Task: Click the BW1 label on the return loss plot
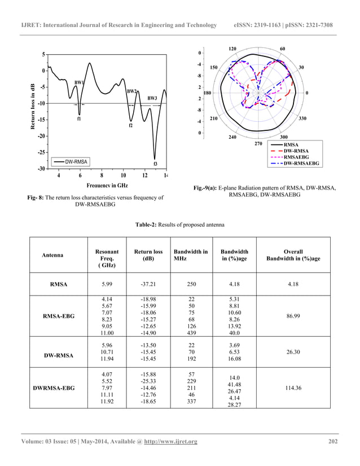tap(79, 82)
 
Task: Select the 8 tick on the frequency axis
tap(102, 175)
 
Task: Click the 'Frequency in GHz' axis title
tap(107, 185)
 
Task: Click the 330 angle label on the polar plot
tap(303, 119)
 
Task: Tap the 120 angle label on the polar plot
tap(232, 49)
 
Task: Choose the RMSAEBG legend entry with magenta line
tap(297, 157)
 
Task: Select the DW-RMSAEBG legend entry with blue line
tap(301, 163)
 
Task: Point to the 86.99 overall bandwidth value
tap(293, 318)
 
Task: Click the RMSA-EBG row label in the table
tap(67, 318)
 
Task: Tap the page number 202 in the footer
tap(333, 441)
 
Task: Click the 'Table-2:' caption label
tap(148, 225)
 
